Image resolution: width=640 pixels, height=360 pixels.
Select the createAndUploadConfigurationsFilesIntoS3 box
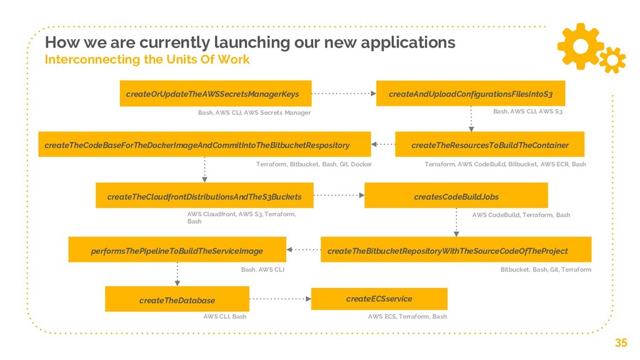[470, 94]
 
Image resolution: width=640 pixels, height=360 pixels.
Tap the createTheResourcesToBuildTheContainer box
[490, 145]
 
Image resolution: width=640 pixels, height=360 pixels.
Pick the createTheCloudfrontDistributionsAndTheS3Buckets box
[204, 196]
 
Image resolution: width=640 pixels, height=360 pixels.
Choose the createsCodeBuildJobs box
[456, 196]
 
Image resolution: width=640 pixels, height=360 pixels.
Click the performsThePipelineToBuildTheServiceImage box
[177, 250]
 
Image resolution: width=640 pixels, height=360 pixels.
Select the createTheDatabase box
[177, 300]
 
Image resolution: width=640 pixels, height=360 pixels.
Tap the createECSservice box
[379, 299]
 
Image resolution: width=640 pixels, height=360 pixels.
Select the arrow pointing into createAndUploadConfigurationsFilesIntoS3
[344, 94]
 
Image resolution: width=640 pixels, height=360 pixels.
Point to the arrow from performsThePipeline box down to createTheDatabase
[177, 274]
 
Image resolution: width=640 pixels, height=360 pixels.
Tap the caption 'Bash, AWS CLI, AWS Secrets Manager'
[254, 112]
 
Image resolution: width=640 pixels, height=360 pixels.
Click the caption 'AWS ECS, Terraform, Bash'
[407, 317]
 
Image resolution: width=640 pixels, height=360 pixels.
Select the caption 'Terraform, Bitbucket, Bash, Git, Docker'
[314, 164]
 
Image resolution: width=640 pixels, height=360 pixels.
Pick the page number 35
[621, 342]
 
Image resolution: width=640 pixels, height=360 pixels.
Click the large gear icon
[579, 44]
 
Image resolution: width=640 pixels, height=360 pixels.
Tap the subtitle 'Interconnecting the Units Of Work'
[147, 60]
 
